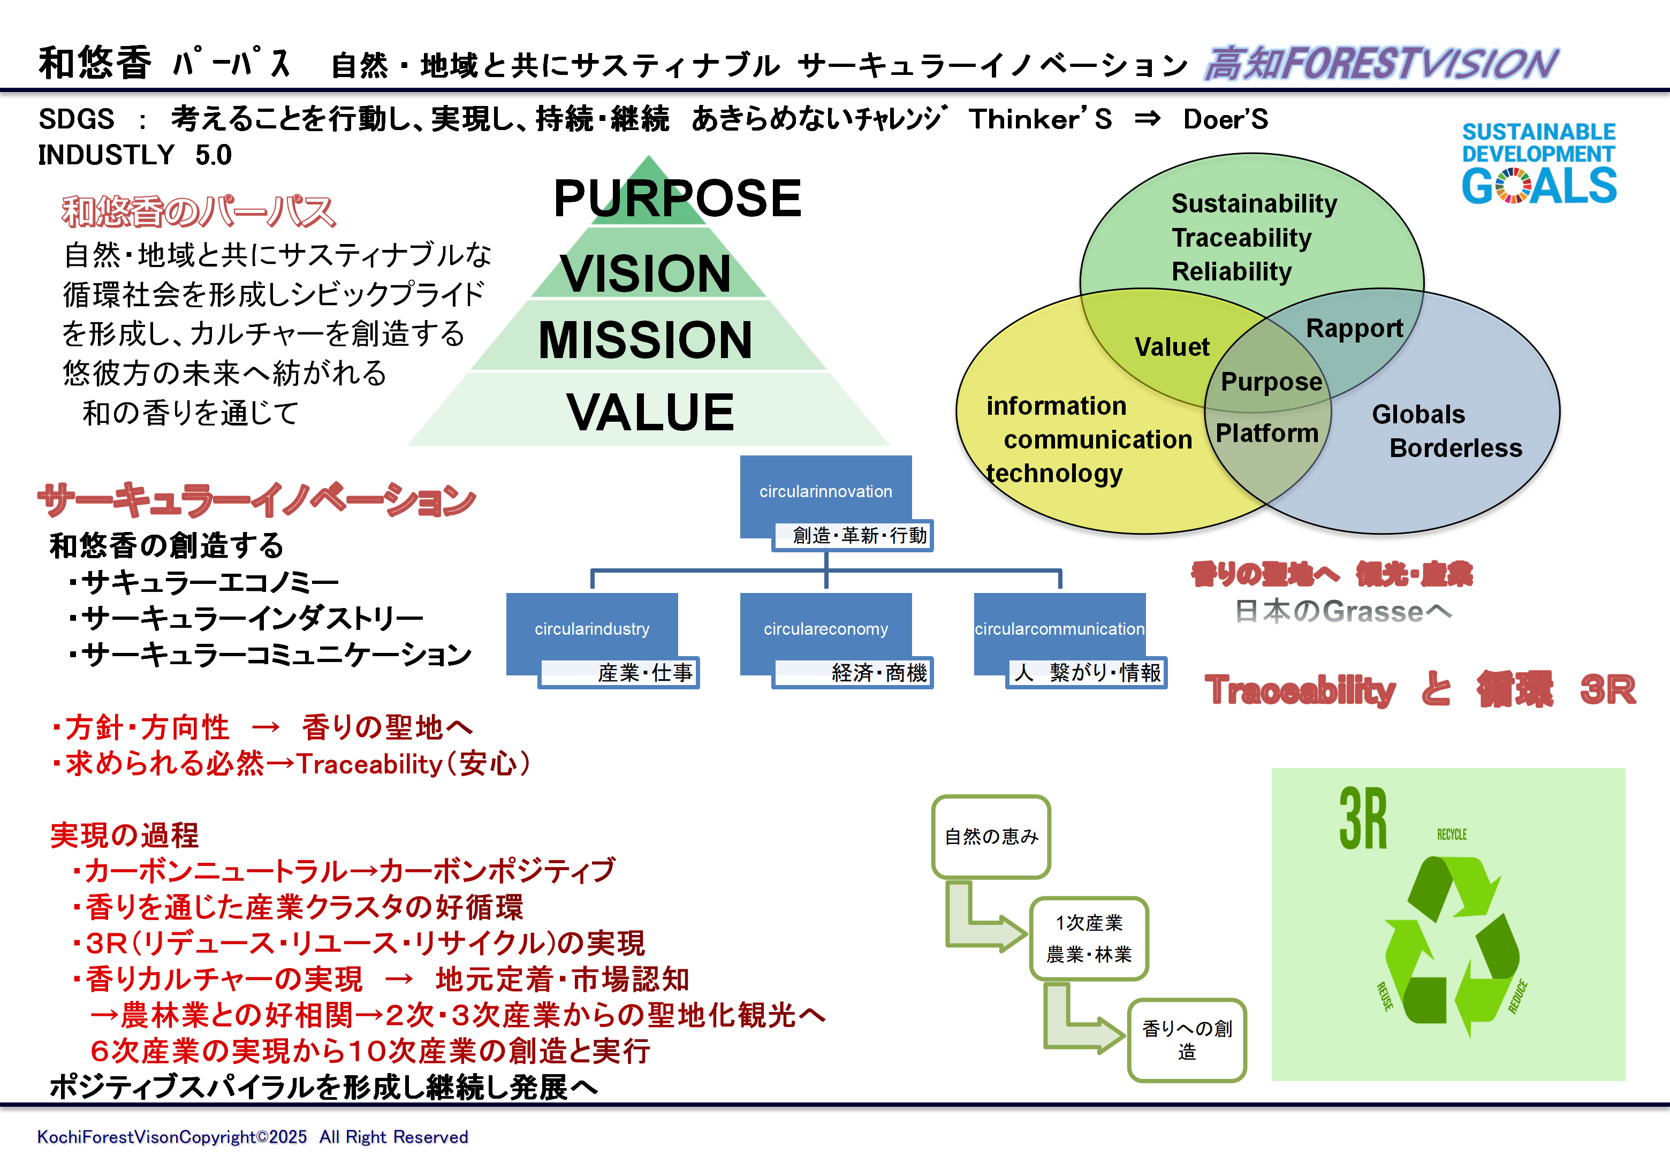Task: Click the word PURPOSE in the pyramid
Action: [x=677, y=199]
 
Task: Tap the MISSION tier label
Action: [x=646, y=340]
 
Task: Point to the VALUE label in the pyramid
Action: [x=650, y=412]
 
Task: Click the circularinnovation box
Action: [x=825, y=492]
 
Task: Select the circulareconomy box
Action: [x=825, y=629]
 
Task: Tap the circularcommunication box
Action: [x=1059, y=629]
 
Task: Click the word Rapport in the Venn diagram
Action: [x=1354, y=328]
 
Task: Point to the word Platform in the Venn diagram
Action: [x=1266, y=433]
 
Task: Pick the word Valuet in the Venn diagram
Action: [x=1172, y=347]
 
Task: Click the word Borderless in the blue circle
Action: [x=1456, y=448]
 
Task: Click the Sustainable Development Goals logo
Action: [x=1539, y=164]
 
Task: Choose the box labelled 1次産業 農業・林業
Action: [x=1089, y=939]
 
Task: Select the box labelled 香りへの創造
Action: [x=1186, y=1040]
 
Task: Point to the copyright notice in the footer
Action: [x=253, y=1136]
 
